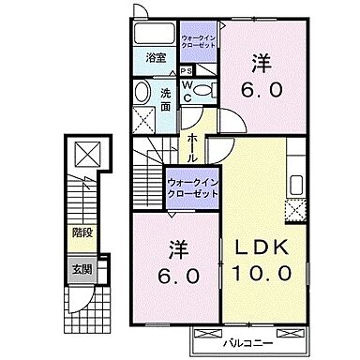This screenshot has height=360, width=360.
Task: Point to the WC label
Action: tap(187, 92)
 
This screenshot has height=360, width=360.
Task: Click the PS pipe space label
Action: tap(187, 69)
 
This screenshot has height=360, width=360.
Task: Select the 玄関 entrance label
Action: tap(82, 268)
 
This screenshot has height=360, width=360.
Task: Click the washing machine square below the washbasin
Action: tap(142, 118)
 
